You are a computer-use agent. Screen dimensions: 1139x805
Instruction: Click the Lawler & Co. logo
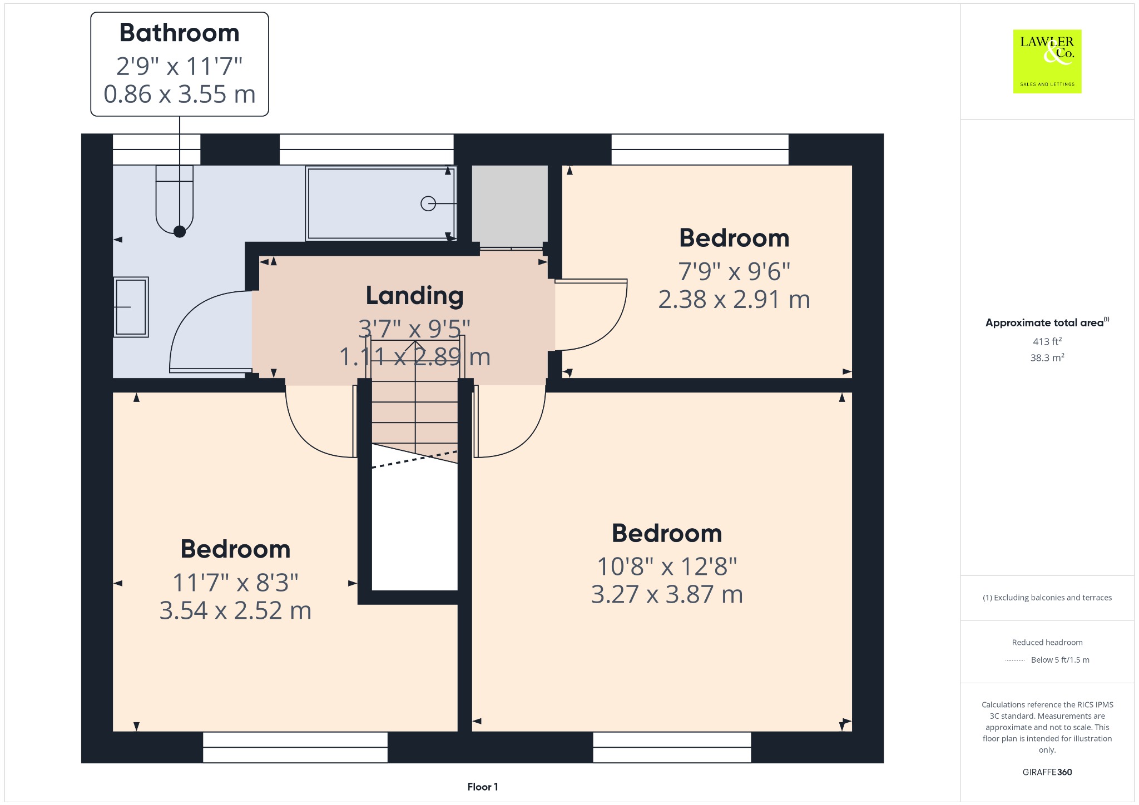pos(1047,61)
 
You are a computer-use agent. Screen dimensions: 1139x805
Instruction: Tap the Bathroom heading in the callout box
pos(180,33)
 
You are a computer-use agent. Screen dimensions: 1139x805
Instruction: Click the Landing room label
pos(414,296)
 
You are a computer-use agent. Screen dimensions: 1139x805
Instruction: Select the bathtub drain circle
pos(428,204)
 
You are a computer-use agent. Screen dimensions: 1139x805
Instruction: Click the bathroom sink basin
pos(131,307)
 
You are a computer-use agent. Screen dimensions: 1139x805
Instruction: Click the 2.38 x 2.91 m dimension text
pos(734,300)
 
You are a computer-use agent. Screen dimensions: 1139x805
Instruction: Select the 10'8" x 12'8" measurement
pos(667,567)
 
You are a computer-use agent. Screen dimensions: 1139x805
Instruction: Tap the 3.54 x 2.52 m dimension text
pos(235,610)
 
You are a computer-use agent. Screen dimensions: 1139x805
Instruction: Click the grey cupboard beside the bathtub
pos(510,206)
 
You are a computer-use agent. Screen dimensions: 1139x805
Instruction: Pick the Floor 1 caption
pos(483,787)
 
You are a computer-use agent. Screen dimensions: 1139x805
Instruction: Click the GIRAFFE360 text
pos(1047,772)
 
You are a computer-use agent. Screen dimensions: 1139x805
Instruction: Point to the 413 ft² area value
pos(1047,341)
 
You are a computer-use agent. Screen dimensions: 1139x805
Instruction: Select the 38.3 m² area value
pos(1047,357)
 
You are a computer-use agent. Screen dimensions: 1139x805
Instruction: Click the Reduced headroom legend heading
pos(1047,642)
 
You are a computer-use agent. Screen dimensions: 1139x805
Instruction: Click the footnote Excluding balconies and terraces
pos(1047,598)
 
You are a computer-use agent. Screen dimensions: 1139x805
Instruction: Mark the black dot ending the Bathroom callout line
pos(180,232)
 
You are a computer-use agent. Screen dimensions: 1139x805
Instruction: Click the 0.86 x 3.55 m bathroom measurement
pos(180,94)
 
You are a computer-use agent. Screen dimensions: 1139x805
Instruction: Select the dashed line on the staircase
pos(415,459)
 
